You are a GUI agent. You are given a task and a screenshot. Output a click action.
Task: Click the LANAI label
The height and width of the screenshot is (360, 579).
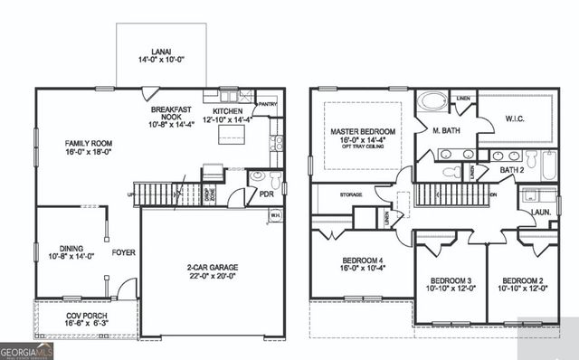point(160,52)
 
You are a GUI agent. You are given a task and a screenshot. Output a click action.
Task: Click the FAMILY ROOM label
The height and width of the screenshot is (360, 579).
point(87,144)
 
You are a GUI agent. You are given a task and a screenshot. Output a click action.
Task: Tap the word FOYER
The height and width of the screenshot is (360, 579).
point(124,252)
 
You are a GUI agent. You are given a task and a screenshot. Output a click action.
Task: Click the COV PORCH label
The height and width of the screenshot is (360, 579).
point(88,317)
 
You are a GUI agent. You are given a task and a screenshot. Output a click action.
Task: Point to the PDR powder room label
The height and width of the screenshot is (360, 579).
point(267,193)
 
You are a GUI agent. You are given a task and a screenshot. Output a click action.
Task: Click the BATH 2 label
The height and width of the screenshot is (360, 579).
point(512,169)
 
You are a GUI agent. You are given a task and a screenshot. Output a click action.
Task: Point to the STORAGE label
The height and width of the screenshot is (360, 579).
point(351,194)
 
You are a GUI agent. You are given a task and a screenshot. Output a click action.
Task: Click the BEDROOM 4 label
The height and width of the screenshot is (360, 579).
point(359,262)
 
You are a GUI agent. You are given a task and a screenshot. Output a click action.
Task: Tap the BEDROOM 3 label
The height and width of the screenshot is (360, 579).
point(450,280)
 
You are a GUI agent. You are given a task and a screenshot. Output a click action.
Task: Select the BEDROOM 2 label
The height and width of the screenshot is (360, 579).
point(523,280)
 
